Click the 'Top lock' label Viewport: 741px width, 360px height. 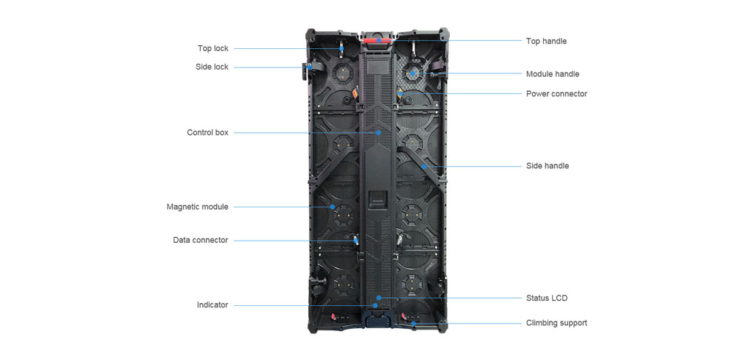213,48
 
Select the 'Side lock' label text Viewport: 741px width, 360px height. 212,67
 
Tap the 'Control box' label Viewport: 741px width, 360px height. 207,133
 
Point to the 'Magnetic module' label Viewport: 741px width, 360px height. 197,207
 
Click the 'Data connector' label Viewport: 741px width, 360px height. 200,240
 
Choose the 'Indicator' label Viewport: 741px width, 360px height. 212,304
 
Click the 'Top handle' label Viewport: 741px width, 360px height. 546,41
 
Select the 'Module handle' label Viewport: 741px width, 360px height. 552,74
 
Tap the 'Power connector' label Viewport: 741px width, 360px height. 556,93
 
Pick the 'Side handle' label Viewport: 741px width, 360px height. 547,166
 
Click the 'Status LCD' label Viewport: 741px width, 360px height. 546,298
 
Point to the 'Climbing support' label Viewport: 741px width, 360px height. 556,323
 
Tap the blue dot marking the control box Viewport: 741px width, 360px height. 379,133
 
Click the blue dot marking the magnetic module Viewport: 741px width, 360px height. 333,207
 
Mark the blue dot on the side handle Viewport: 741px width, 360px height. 423,166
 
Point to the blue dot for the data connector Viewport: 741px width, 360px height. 354,240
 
